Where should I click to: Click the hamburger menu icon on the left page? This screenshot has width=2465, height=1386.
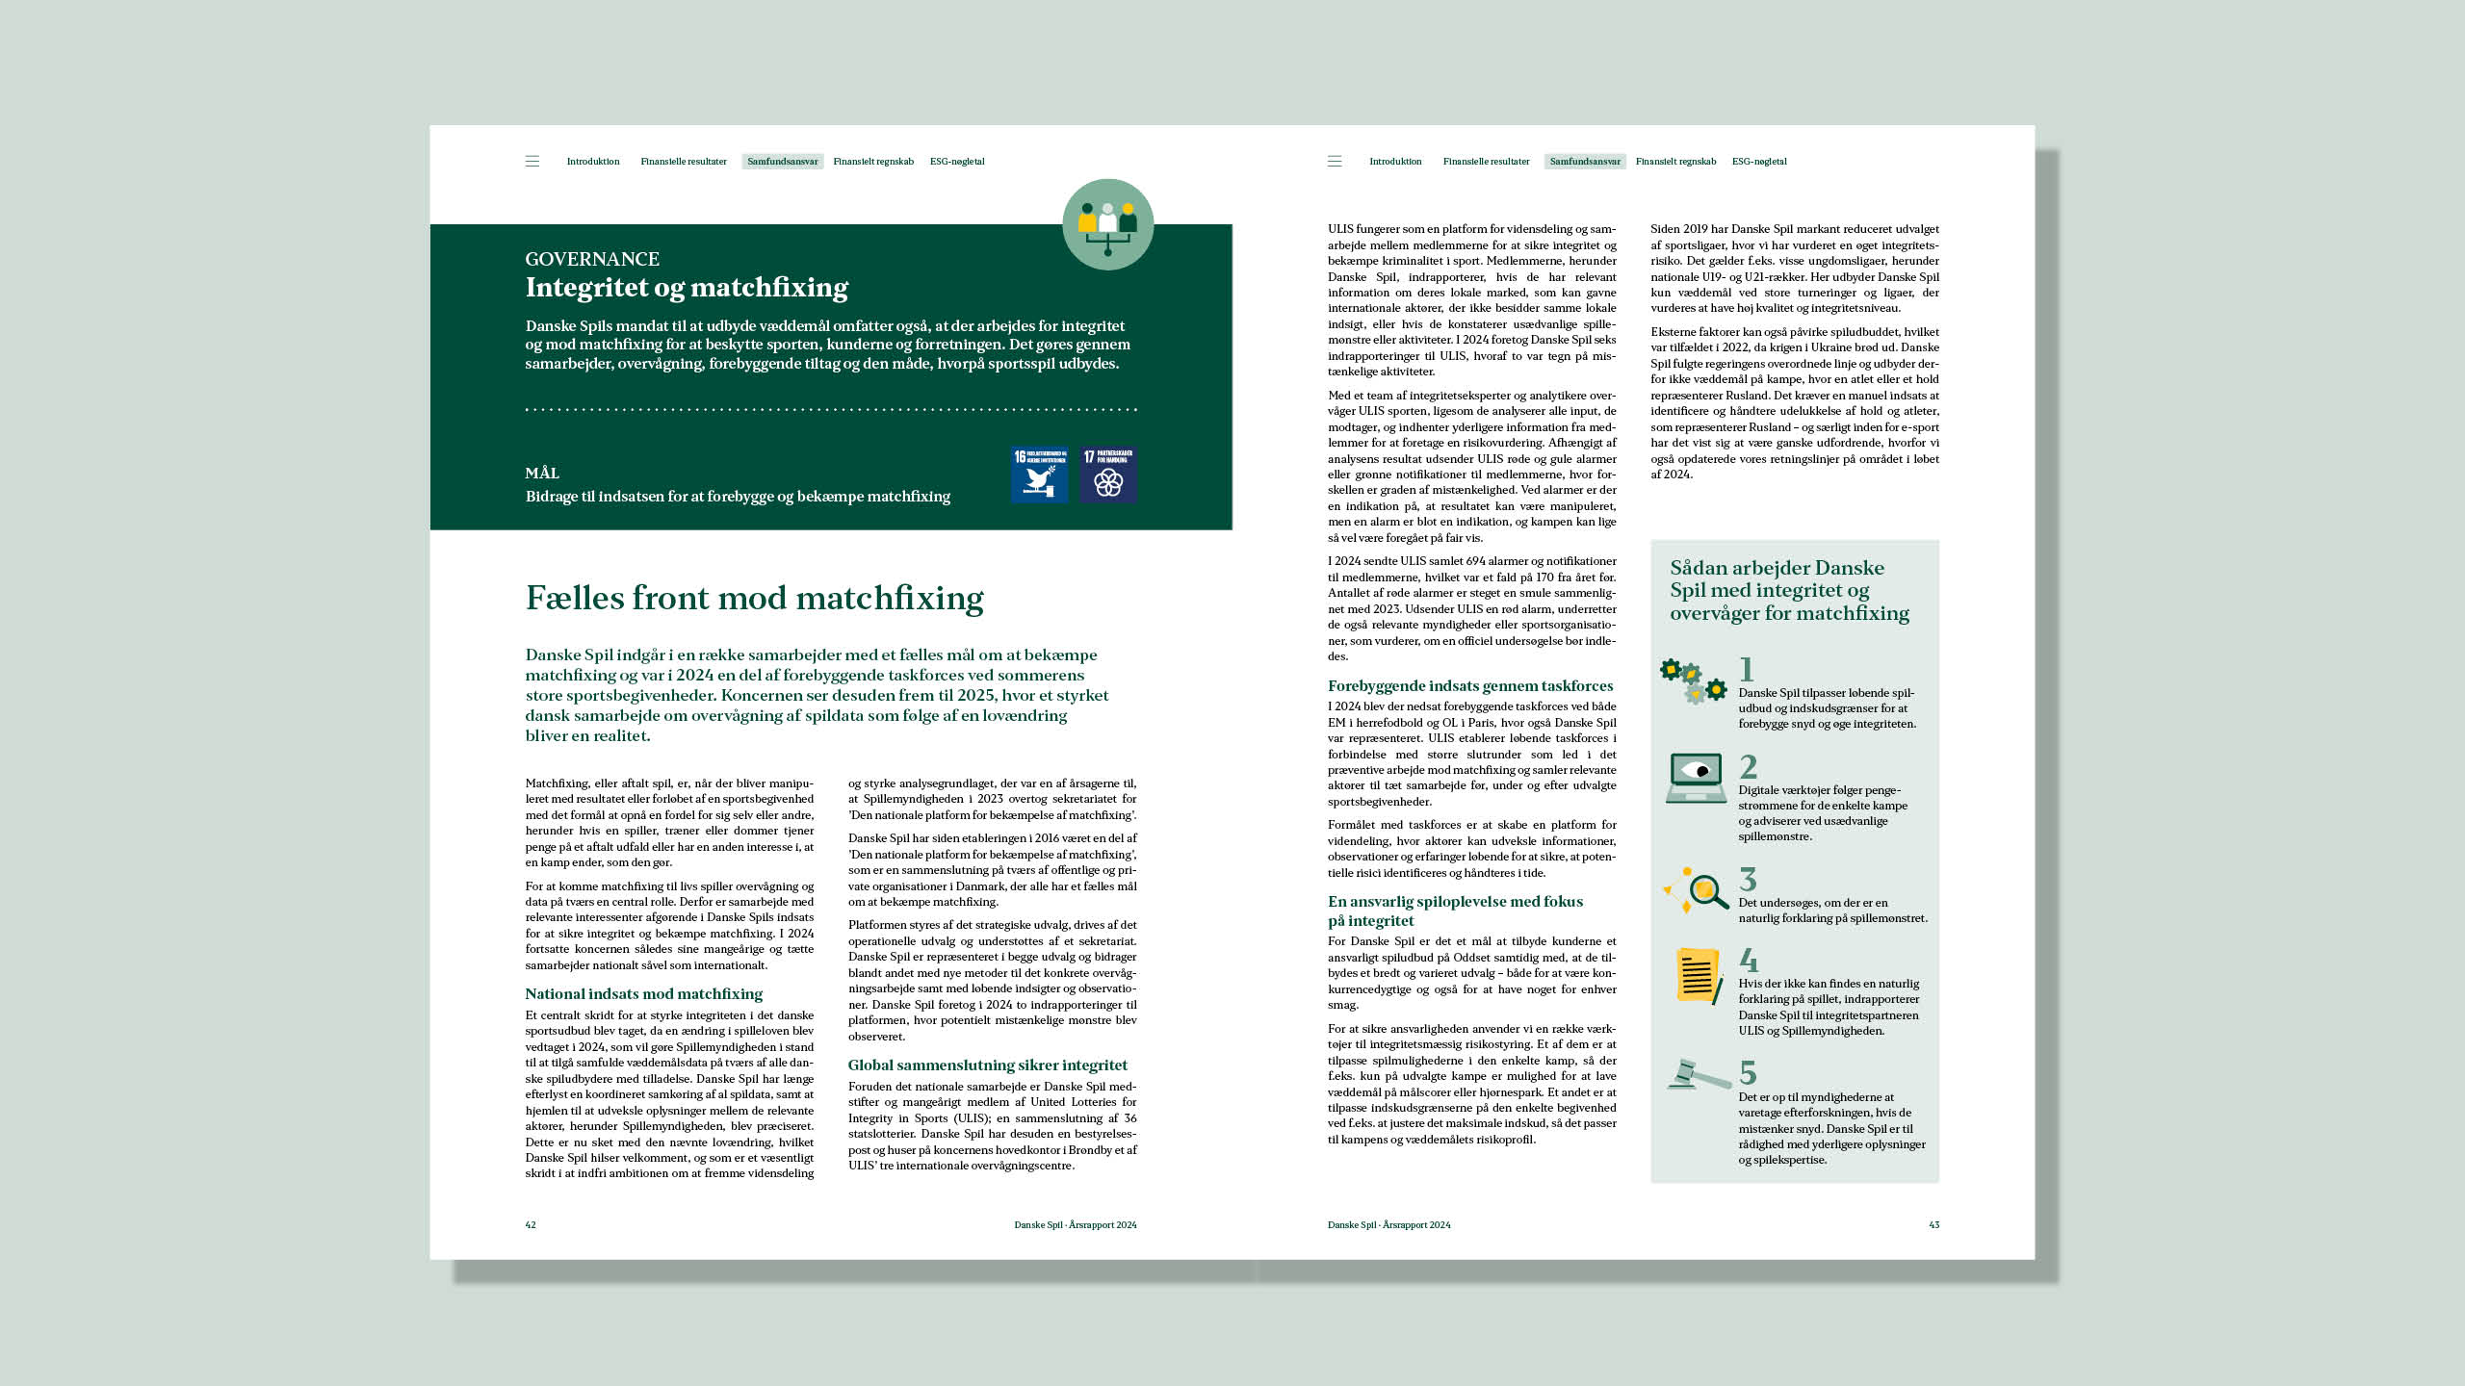pyautogui.click(x=532, y=162)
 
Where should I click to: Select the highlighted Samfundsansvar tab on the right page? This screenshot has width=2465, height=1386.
pyautogui.click(x=1585, y=162)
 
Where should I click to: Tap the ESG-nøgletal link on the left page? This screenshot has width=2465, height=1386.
pyautogui.click(x=957, y=162)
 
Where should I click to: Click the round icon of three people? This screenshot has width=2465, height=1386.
pyautogui.click(x=1107, y=224)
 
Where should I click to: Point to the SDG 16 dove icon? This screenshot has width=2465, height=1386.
pyautogui.click(x=1039, y=475)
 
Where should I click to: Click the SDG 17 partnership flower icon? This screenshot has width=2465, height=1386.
pyautogui.click(x=1108, y=475)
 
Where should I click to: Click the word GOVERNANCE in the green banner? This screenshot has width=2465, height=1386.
pyautogui.click(x=592, y=259)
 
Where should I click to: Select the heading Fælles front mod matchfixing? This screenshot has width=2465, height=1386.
pyautogui.click(x=754, y=598)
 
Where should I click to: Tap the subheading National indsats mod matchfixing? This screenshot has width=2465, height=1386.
pyautogui.click(x=643, y=994)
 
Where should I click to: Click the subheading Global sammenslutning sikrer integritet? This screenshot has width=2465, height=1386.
pyautogui.click(x=987, y=1065)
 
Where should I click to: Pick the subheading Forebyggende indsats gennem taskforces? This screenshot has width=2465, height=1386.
pyautogui.click(x=1470, y=686)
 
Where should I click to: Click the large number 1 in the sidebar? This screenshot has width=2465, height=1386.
pyautogui.click(x=1747, y=669)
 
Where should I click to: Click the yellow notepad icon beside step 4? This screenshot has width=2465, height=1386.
pyautogui.click(x=1698, y=976)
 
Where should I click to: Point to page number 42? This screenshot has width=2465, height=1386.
pyautogui.click(x=531, y=1225)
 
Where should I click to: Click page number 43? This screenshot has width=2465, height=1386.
pyautogui.click(x=1933, y=1225)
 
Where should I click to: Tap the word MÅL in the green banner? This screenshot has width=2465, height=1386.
pyautogui.click(x=542, y=474)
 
